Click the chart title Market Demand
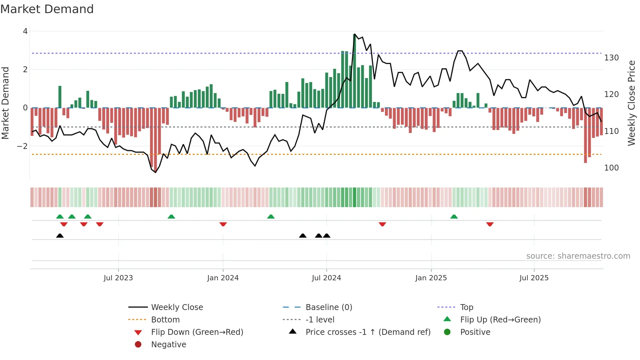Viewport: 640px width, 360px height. click(47, 9)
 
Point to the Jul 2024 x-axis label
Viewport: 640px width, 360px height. click(326, 278)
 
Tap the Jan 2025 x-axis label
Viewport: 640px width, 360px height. click(431, 278)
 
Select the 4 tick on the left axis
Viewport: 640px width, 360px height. click(25, 31)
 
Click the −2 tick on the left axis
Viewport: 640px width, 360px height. click(23, 146)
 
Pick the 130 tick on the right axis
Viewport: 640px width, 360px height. click(611, 58)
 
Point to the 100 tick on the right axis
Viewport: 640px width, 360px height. click(611, 168)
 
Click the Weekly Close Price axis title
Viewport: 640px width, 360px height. click(632, 103)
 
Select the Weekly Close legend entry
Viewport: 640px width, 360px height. click(177, 307)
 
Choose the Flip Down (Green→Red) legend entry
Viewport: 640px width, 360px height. click(197, 332)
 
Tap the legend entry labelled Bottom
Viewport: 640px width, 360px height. click(165, 320)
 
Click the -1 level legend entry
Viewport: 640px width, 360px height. click(320, 320)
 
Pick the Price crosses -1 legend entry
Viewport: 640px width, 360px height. click(368, 332)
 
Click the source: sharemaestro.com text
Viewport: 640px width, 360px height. click(578, 256)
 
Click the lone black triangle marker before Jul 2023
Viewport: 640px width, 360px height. click(60, 236)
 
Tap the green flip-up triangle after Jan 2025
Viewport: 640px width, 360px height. click(454, 217)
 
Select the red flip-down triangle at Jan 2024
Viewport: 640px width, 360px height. click(223, 224)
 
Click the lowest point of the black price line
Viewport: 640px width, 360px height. click(155, 172)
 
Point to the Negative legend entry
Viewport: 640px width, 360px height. click(168, 345)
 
